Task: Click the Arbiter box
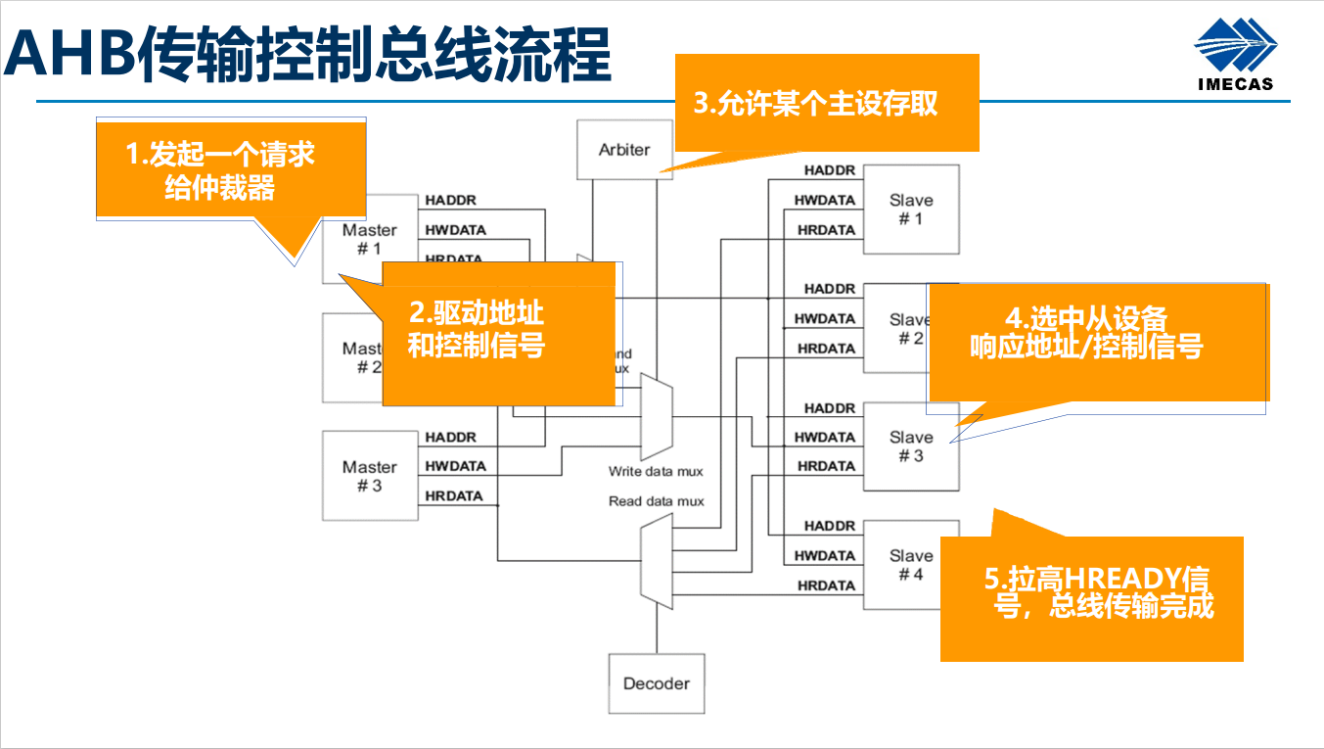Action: [x=624, y=150]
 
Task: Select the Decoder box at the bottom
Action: [x=657, y=683]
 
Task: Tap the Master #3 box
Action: [x=369, y=476]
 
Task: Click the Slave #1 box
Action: [x=910, y=210]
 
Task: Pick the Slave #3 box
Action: [x=910, y=446]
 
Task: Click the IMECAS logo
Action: [x=1235, y=57]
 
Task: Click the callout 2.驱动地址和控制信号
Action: [x=497, y=333]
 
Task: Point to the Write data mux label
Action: [x=656, y=471]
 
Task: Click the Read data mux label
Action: [x=656, y=501]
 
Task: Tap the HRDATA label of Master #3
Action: [x=454, y=496]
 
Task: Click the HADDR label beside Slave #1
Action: [x=830, y=170]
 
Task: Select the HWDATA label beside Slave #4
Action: [x=824, y=555]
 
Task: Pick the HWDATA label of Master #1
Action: [x=455, y=230]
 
